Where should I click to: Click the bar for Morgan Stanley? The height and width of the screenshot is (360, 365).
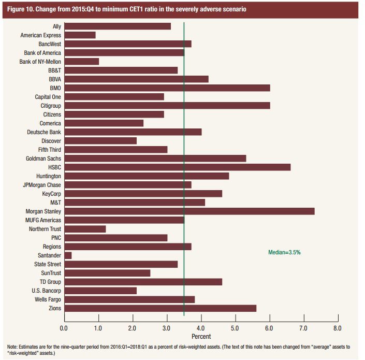(x=189, y=211)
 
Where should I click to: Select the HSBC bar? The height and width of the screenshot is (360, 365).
(x=177, y=167)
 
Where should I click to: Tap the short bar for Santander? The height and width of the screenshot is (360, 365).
(x=67, y=255)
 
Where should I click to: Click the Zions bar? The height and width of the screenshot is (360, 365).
(x=160, y=308)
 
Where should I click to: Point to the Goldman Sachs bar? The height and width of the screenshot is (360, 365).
(x=155, y=158)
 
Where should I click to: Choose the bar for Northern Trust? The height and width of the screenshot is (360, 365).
(x=84, y=229)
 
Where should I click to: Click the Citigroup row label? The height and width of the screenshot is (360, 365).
(x=50, y=106)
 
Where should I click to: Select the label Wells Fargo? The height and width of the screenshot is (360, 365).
(x=47, y=299)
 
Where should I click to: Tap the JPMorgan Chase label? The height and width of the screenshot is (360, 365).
(x=41, y=185)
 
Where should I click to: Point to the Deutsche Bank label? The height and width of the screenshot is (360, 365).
(x=43, y=132)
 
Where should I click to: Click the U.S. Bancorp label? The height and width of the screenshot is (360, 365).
(x=46, y=291)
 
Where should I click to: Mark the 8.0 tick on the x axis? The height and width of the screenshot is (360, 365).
(x=338, y=328)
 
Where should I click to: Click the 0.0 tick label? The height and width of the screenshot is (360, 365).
(x=64, y=328)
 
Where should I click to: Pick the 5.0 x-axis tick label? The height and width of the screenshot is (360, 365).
(x=235, y=328)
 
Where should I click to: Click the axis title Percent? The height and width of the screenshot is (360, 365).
(x=201, y=337)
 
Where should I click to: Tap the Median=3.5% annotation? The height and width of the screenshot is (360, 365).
(x=284, y=252)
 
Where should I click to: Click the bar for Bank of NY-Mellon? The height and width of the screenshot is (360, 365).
(x=81, y=61)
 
